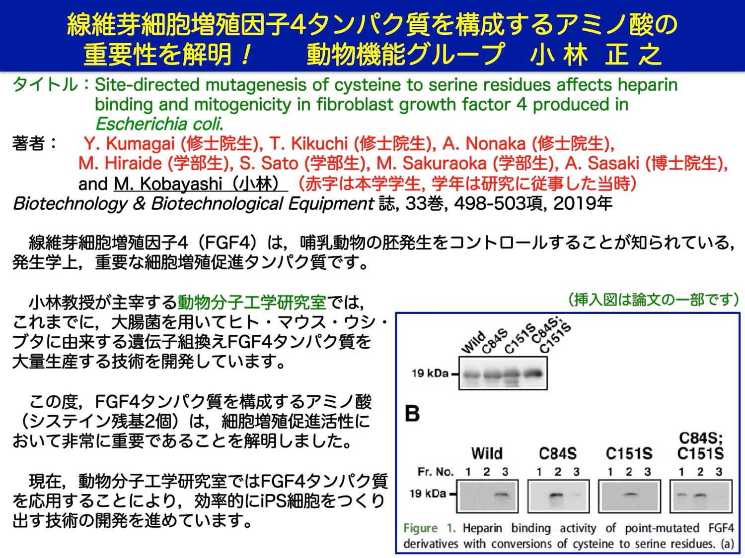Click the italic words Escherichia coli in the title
coord(159,124)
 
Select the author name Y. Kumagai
coord(129,144)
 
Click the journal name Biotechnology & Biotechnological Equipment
coord(194,204)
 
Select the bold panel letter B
coord(412,414)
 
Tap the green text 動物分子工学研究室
coord(251,302)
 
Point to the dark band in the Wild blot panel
coord(502,495)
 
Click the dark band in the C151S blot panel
coord(630,495)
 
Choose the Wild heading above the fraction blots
coord(487,453)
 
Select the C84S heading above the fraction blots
coord(558,453)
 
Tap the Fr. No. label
coord(436,472)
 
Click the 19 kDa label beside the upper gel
coord(430,373)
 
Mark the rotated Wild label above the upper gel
coord(473,342)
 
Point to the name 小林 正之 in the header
coord(596,55)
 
